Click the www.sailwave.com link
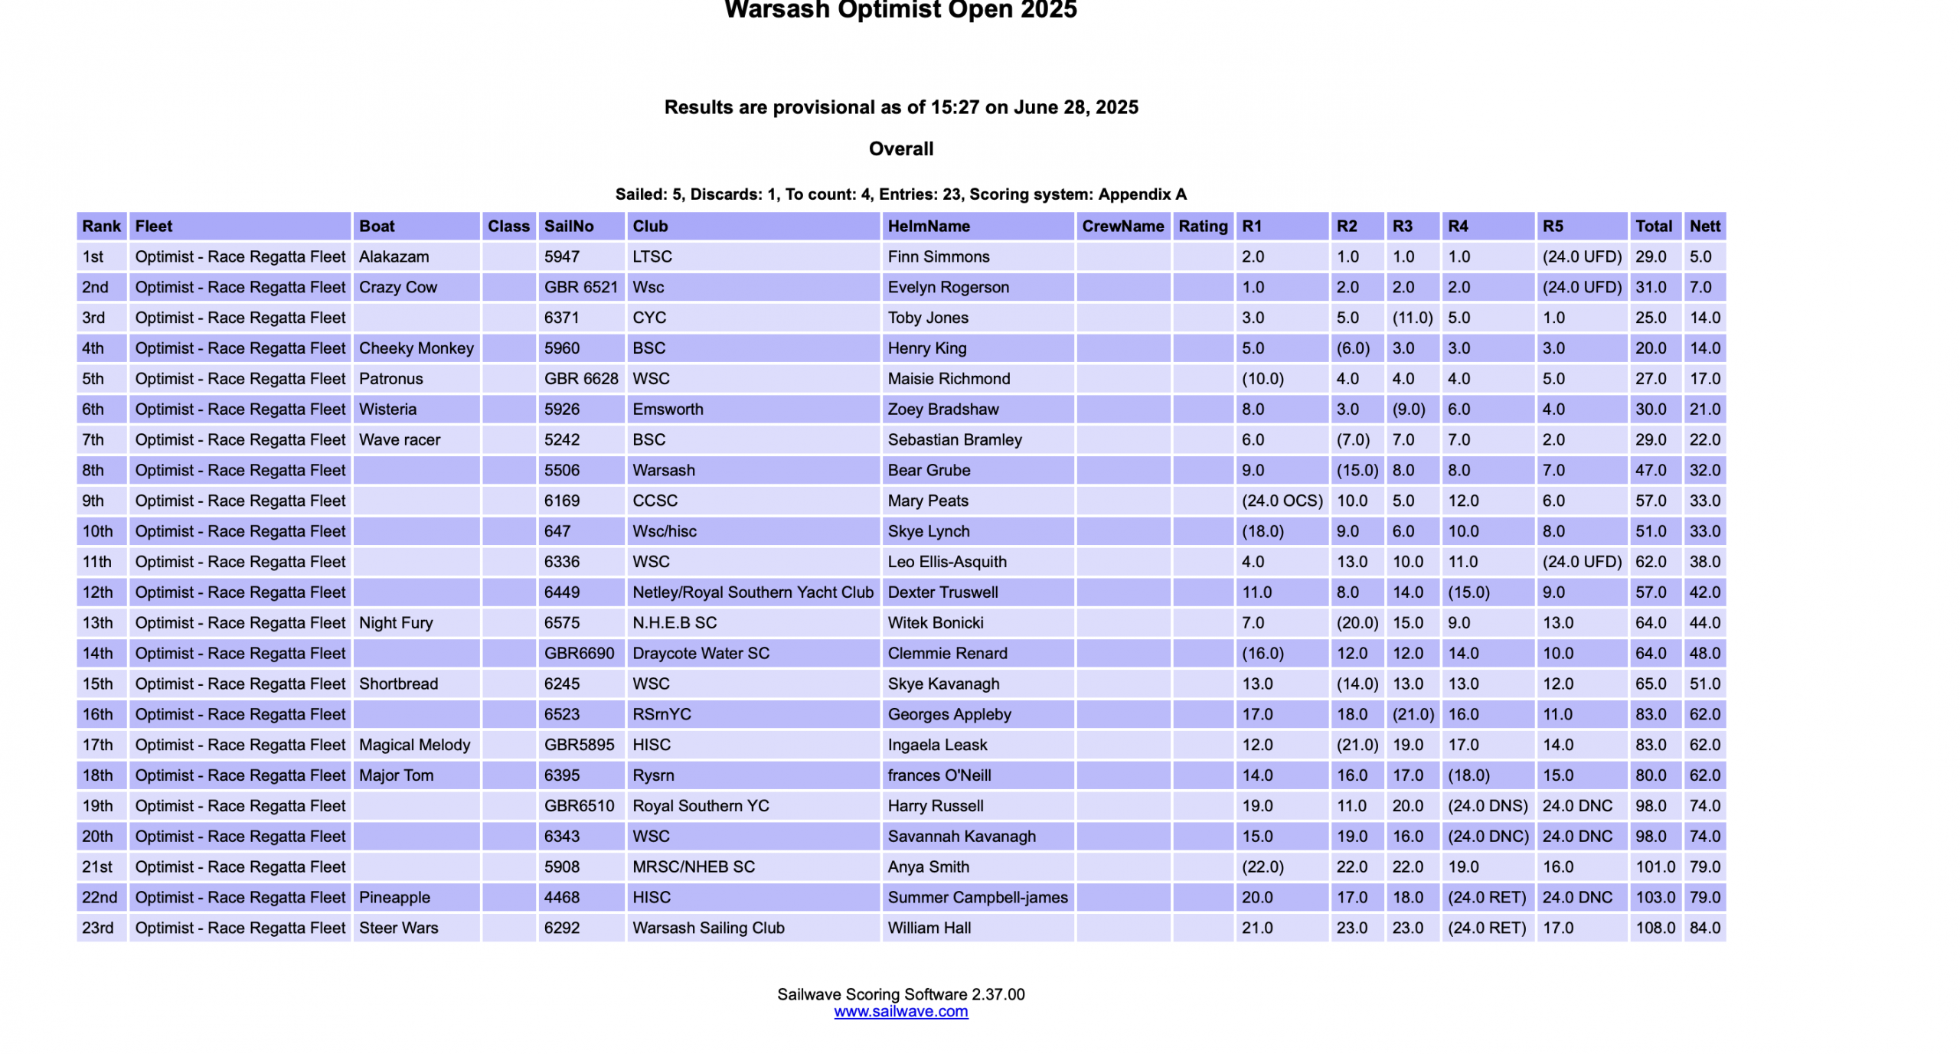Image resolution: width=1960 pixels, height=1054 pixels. tap(900, 1011)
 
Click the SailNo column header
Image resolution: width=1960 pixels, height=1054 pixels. tap(568, 226)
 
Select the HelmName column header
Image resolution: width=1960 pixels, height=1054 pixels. tap(928, 226)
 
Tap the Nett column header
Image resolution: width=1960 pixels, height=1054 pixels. tap(1704, 226)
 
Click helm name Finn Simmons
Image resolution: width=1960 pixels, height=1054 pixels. tap(938, 256)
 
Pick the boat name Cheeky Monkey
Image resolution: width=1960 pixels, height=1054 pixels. tap(416, 348)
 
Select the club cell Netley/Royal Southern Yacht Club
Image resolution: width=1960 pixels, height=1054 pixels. tap(752, 592)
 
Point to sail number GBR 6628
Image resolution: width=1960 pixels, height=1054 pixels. tap(580, 379)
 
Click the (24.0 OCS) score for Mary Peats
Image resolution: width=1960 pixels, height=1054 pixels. tap(1282, 501)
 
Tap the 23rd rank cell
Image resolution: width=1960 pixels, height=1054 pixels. tap(98, 928)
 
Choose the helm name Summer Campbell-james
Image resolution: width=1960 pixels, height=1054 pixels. tap(977, 897)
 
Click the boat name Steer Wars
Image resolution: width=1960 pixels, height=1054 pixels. tap(398, 928)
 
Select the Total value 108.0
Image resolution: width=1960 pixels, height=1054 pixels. tap(1655, 928)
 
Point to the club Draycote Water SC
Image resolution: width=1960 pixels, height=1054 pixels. tap(701, 654)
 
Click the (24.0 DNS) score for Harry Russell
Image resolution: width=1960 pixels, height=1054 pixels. tap(1487, 806)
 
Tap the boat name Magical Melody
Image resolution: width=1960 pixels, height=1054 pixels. tap(414, 745)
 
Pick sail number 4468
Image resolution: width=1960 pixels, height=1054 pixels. tap(561, 897)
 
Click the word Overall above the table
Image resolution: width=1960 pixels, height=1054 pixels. tap(900, 148)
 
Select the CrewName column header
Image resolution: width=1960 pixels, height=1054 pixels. tap(1122, 226)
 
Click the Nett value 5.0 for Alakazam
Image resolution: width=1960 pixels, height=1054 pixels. tap(1700, 256)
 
